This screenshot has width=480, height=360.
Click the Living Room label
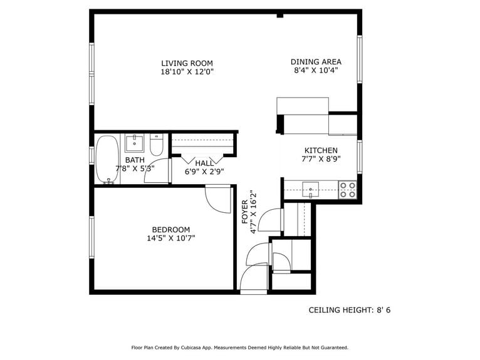[x=187, y=63]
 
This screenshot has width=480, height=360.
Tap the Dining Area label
[x=316, y=61]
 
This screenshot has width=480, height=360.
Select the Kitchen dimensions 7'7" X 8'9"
[x=321, y=159]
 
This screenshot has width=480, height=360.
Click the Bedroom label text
[x=170, y=230]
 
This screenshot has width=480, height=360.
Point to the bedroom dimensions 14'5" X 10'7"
[x=170, y=239]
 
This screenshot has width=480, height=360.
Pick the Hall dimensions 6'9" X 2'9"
[x=204, y=171]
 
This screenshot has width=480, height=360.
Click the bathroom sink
[x=134, y=143]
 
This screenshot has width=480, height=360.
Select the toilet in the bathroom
[x=157, y=145]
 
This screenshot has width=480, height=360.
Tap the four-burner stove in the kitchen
[x=348, y=189]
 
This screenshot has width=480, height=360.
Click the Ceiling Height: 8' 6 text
[x=353, y=310]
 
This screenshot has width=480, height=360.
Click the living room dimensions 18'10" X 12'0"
[x=187, y=72]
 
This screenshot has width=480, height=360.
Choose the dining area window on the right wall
[x=360, y=59]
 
